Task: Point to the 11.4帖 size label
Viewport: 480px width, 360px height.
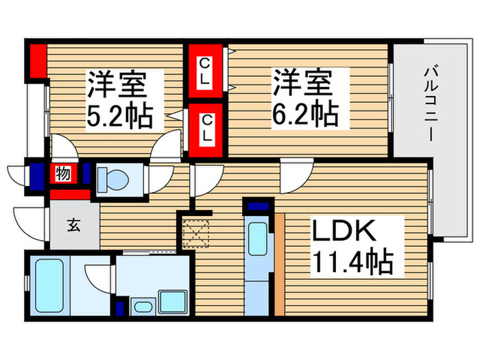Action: [352, 263]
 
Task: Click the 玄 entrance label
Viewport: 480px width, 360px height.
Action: [72, 224]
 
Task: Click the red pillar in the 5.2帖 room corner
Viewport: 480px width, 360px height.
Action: [37, 59]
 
